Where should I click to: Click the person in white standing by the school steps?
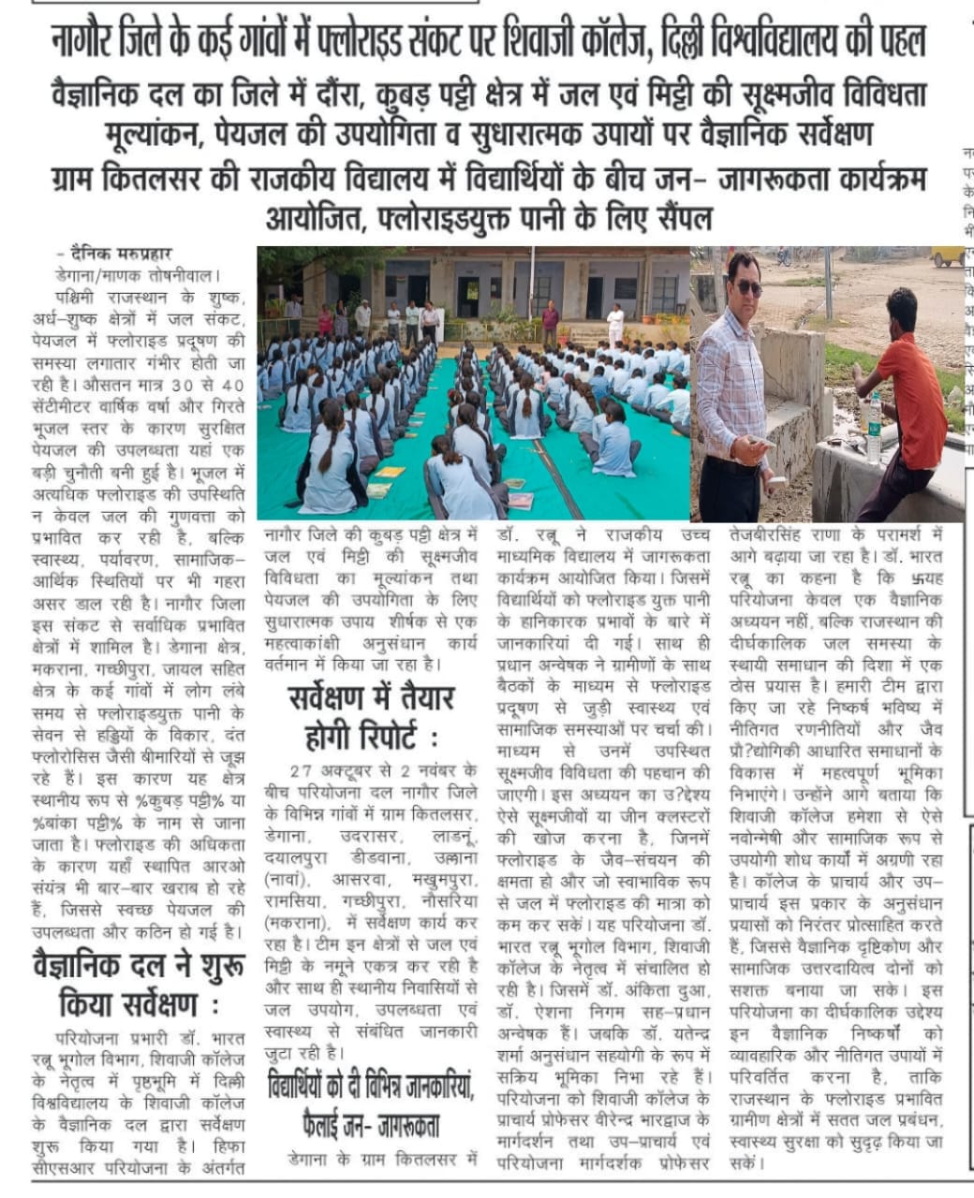615,324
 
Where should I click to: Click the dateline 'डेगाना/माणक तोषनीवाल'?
137,277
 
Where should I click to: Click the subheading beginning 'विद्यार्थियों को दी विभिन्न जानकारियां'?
370,1104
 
